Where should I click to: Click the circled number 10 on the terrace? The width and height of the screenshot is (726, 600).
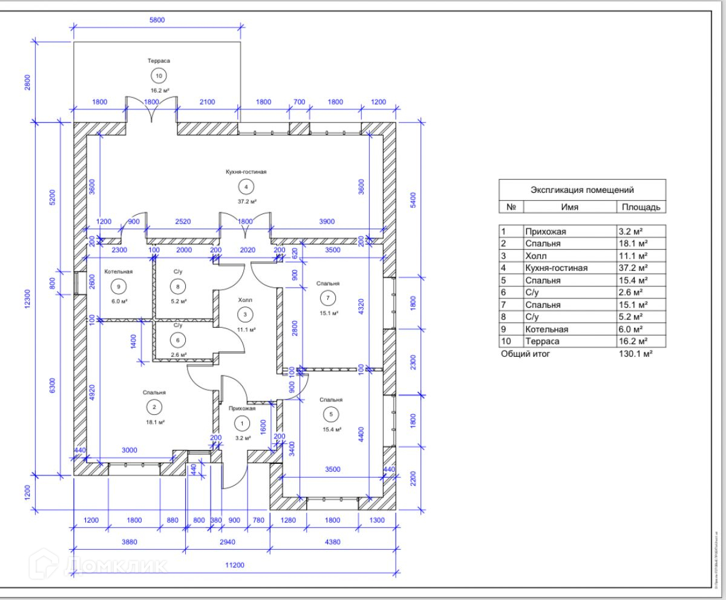[x=159, y=76]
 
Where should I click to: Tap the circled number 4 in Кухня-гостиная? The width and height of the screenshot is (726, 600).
[x=246, y=187]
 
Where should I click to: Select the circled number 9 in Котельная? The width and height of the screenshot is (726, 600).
[x=119, y=286]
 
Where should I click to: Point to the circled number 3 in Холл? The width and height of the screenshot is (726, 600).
[x=245, y=315]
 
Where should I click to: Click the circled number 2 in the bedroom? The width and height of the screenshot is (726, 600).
[x=155, y=407]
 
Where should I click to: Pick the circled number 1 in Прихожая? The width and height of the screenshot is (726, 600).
[x=241, y=424]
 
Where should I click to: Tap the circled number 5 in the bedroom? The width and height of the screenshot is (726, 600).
[x=331, y=414]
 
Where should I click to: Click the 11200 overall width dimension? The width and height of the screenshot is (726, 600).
[x=234, y=565]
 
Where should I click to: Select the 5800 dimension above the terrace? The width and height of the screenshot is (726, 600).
[x=157, y=20]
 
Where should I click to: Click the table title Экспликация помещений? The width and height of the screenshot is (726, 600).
[x=582, y=189]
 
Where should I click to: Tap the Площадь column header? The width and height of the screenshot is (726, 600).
[x=641, y=207]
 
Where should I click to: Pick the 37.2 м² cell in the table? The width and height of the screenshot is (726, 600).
[x=635, y=268]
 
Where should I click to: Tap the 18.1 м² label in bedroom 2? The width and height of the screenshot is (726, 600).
[x=155, y=422]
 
